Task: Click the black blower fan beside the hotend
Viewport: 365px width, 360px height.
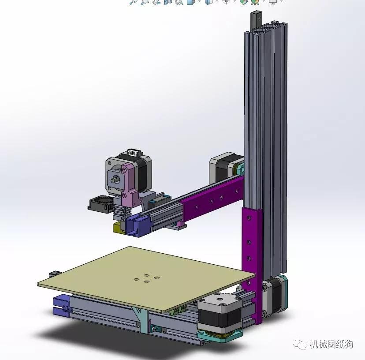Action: pyautogui.click(x=101, y=204)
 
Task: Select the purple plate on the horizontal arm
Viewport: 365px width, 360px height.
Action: pyautogui.click(x=211, y=199)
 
